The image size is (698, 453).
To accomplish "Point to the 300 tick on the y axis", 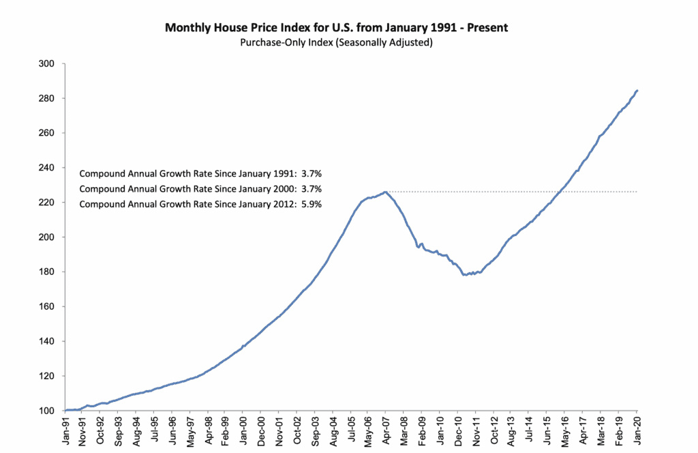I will (52, 64).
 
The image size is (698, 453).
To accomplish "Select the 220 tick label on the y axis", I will (52, 203).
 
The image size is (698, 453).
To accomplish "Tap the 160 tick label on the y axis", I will (52, 306).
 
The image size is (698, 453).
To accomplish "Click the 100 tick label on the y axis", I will (52, 411).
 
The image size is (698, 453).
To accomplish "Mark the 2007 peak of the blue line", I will (385, 192).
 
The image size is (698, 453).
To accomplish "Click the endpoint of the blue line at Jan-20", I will (637, 91).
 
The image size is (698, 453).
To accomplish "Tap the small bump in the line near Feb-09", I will (422, 244).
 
